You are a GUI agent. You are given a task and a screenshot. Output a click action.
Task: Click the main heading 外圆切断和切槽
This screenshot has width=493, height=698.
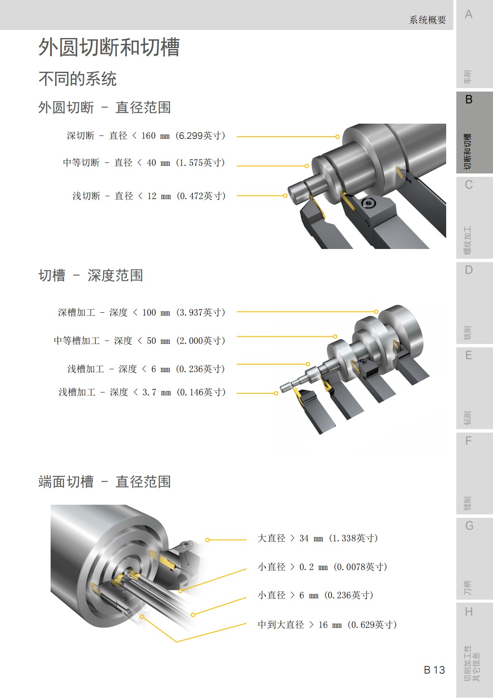click(x=109, y=47)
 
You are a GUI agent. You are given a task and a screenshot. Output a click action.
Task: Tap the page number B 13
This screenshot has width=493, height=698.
click(x=434, y=670)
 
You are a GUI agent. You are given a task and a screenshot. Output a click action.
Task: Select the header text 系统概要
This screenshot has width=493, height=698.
click(x=427, y=20)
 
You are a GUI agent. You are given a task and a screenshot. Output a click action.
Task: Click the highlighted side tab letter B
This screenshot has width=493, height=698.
click(x=469, y=100)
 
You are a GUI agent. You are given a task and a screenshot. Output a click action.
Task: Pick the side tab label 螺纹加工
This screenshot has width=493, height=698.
click(x=468, y=240)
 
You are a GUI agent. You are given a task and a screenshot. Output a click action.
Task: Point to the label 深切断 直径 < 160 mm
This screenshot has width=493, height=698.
click(x=146, y=136)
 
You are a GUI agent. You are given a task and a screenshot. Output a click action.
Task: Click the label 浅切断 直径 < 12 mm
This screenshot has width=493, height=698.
click(x=149, y=196)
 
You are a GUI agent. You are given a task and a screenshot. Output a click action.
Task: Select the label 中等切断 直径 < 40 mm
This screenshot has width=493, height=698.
click(x=144, y=163)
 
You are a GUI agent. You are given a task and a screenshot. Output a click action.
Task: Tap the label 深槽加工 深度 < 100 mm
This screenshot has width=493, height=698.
click(x=141, y=313)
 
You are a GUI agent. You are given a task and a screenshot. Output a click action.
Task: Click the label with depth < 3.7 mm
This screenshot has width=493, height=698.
click(x=142, y=392)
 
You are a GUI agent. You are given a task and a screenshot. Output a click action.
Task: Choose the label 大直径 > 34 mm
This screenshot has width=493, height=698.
click(x=318, y=538)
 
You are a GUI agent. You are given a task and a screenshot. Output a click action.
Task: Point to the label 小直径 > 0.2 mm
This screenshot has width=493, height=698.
click(x=322, y=567)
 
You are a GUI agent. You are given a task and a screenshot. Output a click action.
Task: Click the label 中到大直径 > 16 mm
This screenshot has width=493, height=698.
click(x=327, y=625)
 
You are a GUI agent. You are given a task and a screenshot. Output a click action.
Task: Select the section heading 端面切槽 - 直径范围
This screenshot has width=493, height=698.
click(x=104, y=482)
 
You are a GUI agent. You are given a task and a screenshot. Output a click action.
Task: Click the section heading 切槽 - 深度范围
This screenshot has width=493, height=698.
click(x=91, y=276)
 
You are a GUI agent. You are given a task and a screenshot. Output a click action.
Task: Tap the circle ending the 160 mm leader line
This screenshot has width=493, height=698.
click(x=337, y=137)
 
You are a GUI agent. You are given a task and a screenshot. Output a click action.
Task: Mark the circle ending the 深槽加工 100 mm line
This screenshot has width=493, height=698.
click(x=376, y=312)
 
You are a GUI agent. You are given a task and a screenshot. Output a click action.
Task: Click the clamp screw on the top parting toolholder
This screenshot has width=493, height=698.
click(x=369, y=204)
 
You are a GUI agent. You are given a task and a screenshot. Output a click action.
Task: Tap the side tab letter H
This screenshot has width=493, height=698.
click(x=469, y=612)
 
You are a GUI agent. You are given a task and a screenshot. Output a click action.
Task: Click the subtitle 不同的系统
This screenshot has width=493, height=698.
click(x=78, y=79)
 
